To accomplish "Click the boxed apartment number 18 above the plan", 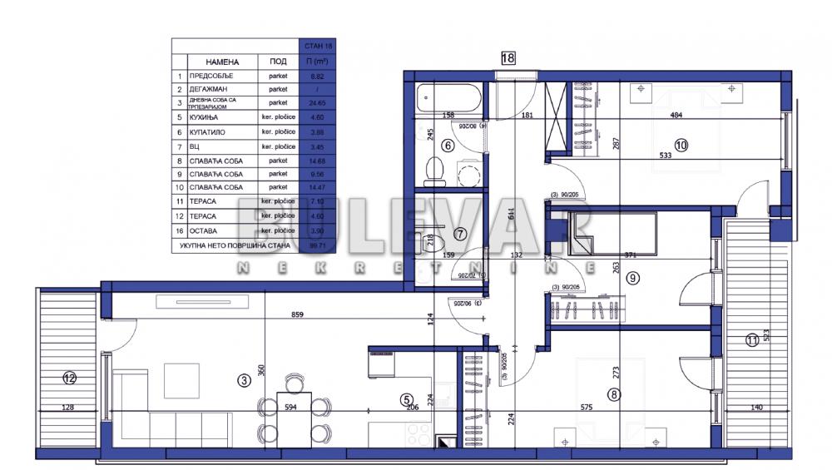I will click(x=508, y=58).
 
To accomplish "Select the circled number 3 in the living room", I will click(x=244, y=381).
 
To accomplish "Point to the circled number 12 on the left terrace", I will click(x=70, y=378).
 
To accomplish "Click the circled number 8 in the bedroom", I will click(x=614, y=395).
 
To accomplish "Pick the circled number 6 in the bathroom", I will click(x=447, y=146).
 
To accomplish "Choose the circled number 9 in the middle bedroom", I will click(x=632, y=278).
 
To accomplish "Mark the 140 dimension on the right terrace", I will click(x=755, y=408).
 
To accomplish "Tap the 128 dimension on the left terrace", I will click(x=67, y=408).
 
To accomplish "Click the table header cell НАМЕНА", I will click(x=222, y=62).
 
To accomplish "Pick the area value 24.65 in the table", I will click(x=317, y=103).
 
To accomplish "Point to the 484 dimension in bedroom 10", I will click(x=676, y=116).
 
